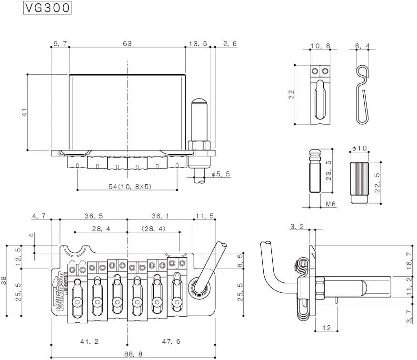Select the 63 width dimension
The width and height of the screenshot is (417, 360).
[x=127, y=43]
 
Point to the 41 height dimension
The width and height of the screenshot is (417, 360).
[x=25, y=112]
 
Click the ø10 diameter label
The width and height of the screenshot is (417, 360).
[x=359, y=148]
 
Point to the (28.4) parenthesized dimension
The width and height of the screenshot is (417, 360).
[x=153, y=229]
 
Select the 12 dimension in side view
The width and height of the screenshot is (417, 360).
[x=326, y=328]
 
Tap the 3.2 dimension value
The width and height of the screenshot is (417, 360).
[x=297, y=227]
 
